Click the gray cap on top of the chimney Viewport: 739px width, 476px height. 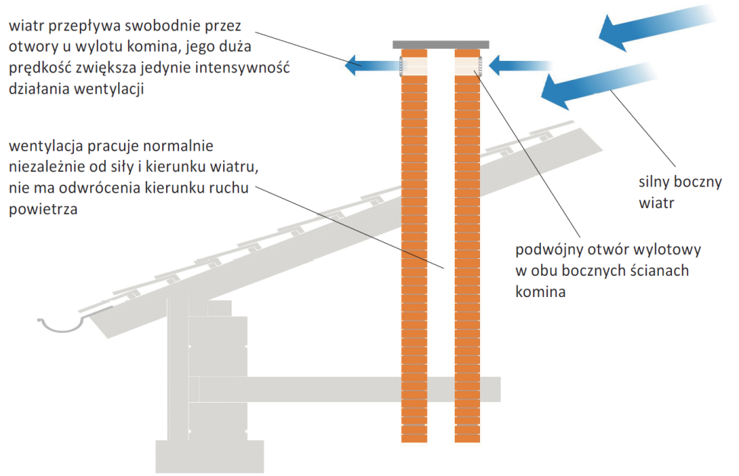[441, 44]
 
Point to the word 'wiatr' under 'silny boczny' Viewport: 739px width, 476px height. [657, 203]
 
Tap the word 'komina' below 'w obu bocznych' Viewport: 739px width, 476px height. [540, 290]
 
